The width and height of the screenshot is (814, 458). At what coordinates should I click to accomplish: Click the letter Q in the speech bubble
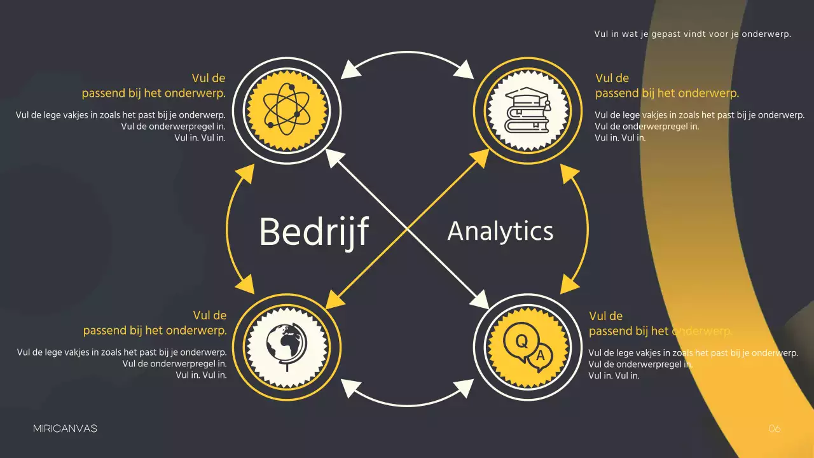coord(521,342)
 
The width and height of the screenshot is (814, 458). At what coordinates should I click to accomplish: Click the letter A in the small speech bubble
coord(541,356)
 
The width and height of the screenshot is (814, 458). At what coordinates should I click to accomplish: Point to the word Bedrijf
coord(314,232)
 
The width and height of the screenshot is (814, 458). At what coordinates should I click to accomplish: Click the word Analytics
coord(500,231)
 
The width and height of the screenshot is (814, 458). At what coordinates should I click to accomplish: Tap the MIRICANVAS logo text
coord(65,429)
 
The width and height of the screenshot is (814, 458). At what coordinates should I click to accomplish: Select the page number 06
coord(774,429)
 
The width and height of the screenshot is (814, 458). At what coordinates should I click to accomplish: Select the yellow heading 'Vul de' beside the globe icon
coord(209,316)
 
